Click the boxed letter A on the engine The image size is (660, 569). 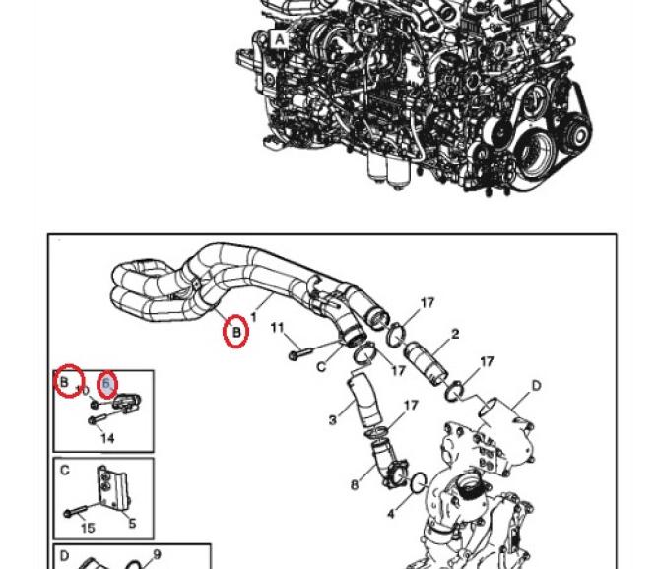[279, 39]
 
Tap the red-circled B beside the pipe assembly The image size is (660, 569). [236, 333]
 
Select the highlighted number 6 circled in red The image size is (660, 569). [107, 383]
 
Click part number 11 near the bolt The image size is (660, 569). [277, 327]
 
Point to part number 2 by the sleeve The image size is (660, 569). [455, 335]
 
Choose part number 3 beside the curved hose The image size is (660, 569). [334, 421]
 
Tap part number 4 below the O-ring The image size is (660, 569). [391, 512]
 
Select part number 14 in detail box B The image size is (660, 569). [107, 437]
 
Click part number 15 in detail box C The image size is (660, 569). [87, 527]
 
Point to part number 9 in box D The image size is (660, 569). [156, 554]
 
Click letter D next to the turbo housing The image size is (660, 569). [537, 384]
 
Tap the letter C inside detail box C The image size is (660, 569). [65, 470]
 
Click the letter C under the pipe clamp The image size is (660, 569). [321, 366]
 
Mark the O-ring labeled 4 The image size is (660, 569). [417, 483]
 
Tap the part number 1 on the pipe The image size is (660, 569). [253, 318]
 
